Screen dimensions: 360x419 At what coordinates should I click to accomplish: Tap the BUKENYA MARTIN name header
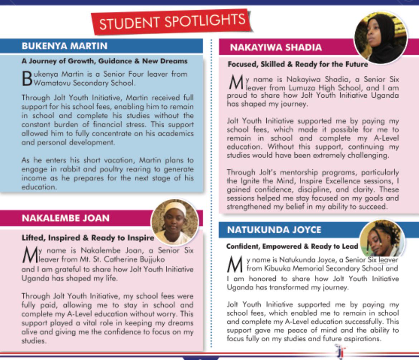(x=64, y=46)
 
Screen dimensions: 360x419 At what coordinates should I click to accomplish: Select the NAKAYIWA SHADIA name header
(x=276, y=48)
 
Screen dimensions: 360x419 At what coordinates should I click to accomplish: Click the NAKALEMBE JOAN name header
(x=66, y=218)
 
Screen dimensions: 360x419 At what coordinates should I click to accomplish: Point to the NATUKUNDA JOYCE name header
(x=274, y=230)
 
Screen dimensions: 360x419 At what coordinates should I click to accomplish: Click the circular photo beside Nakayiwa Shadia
(x=381, y=38)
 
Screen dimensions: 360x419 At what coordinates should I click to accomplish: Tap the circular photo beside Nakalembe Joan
(x=174, y=222)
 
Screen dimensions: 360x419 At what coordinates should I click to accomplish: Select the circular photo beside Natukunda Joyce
(x=382, y=239)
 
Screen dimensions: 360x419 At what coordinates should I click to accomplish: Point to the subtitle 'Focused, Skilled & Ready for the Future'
(x=298, y=65)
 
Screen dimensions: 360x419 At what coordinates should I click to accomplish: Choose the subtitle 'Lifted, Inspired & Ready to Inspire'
(x=88, y=238)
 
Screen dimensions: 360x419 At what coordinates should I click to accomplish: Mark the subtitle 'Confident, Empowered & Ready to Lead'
(x=292, y=247)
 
